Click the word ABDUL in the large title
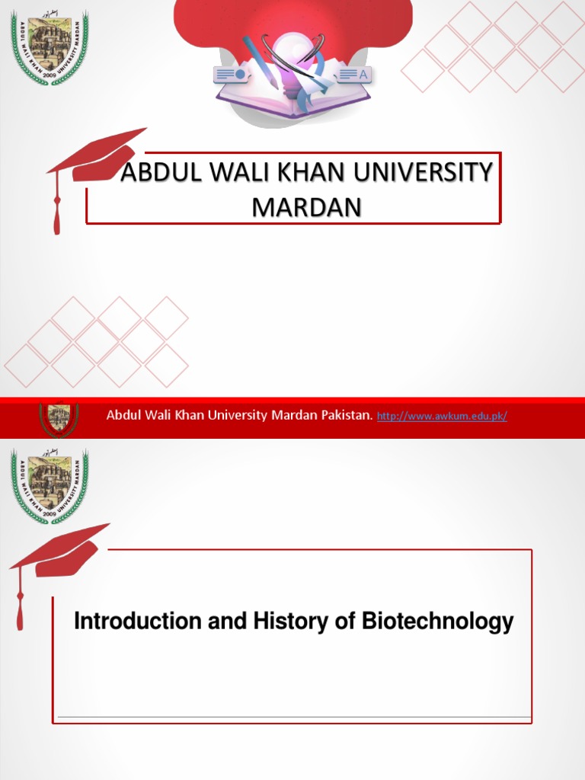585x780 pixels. point(155,173)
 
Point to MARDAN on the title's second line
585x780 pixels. point(306,207)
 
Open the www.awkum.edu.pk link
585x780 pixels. point(442,416)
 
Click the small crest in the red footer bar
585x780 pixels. point(59,418)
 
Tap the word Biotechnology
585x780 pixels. point(437,622)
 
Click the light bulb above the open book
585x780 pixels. point(292,53)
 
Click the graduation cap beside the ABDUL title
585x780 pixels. point(91,164)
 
